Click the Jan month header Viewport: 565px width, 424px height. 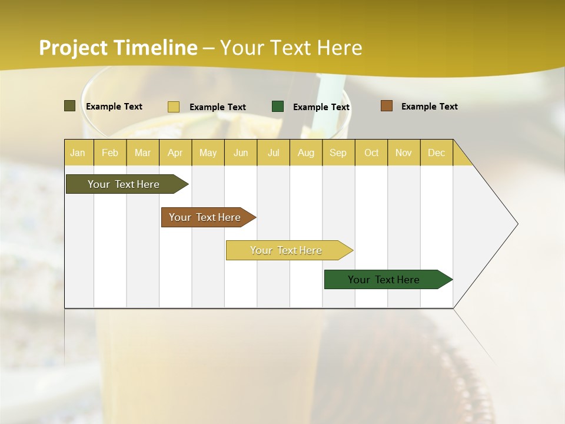coord(78,153)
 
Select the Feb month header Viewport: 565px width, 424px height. coord(110,153)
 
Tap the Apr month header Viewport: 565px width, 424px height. coord(175,153)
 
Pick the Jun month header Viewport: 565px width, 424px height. coord(241,153)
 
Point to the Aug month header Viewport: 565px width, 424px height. coord(305,153)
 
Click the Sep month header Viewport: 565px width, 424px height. coord(338,153)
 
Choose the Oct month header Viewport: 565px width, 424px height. coord(371,153)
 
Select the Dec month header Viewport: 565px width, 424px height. coord(436,153)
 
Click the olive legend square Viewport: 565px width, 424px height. coord(69,106)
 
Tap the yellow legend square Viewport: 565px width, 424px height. coord(174,107)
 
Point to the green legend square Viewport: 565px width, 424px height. coord(278,107)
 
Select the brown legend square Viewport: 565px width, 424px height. coord(386,106)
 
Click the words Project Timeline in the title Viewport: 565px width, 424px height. coord(118,48)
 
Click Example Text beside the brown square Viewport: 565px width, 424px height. coord(429,107)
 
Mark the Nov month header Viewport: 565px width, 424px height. coord(403,153)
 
